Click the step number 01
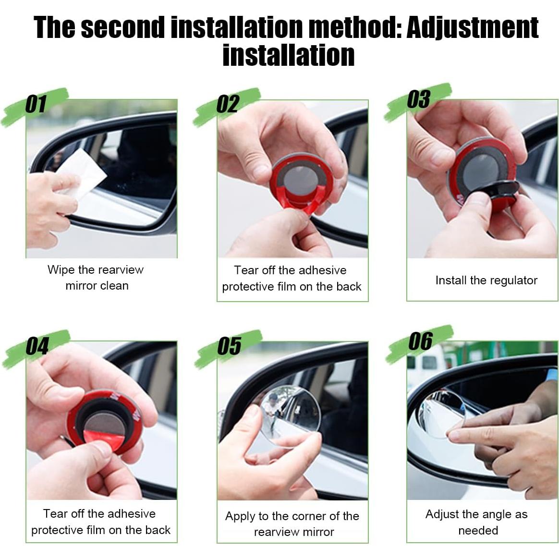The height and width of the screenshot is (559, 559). tap(36, 104)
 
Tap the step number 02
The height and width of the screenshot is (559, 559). tap(227, 104)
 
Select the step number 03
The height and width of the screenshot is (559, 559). tap(419, 99)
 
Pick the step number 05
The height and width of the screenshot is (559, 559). tap(229, 346)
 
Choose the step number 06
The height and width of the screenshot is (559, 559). tap(421, 341)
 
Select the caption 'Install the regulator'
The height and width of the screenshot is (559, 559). tap(486, 280)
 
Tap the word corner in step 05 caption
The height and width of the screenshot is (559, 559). tap(305, 516)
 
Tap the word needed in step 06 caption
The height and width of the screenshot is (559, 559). tap(478, 531)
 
